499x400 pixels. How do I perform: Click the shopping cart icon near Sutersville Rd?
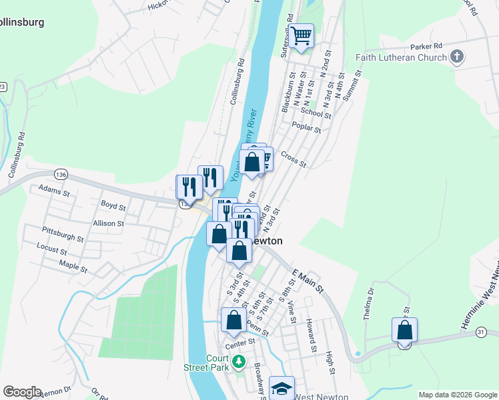(302, 35)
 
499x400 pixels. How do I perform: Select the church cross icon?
(457, 57)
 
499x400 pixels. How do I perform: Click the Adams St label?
(54, 189)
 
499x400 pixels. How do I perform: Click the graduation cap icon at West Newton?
(282, 388)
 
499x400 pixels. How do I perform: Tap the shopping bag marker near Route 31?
(405, 330)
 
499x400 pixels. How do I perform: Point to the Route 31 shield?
(481, 331)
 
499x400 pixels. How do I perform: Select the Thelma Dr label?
(370, 303)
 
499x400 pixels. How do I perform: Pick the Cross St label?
(294, 160)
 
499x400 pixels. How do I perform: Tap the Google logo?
(22, 392)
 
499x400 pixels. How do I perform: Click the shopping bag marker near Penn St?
(233, 320)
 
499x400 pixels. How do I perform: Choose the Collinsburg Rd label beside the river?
(237, 83)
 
